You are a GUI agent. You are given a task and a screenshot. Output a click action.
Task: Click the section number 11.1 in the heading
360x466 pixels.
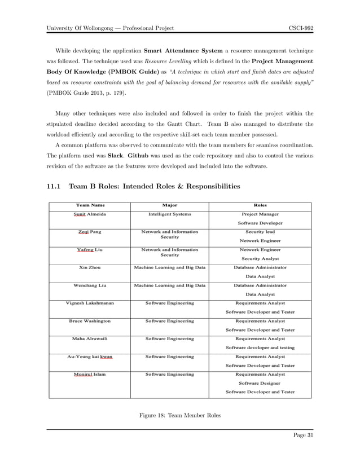point(55,186)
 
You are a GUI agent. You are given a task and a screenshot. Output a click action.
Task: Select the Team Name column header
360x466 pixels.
point(90,205)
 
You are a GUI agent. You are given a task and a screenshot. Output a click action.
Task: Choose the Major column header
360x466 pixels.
point(169,205)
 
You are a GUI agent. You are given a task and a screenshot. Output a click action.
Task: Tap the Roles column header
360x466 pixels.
point(260,205)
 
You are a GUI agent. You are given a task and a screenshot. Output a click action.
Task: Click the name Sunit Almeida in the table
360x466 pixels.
point(90,214)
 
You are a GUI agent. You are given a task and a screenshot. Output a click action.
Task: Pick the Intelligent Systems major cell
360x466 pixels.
point(169,214)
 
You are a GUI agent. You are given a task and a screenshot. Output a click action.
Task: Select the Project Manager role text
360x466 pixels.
point(260,214)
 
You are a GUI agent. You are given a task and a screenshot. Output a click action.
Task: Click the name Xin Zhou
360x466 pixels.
point(90,267)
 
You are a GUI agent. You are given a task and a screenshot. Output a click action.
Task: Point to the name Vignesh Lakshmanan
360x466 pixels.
point(90,303)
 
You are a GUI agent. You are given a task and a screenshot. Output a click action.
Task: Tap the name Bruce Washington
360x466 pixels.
point(90,320)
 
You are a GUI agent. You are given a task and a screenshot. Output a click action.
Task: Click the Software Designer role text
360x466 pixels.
point(260,383)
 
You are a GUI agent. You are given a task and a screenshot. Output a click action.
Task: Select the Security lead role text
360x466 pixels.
point(260,232)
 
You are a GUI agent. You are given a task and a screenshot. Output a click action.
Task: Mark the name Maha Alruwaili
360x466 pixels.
point(90,338)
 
